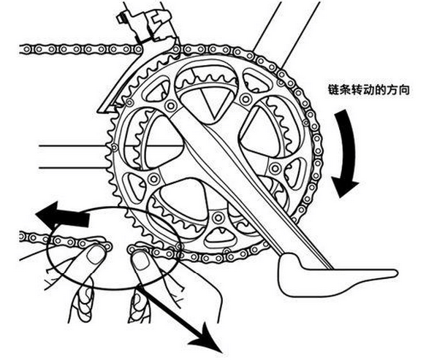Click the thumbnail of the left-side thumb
pyautogui.click(x=94, y=256)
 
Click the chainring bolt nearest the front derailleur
pyautogui.click(x=171, y=107)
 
